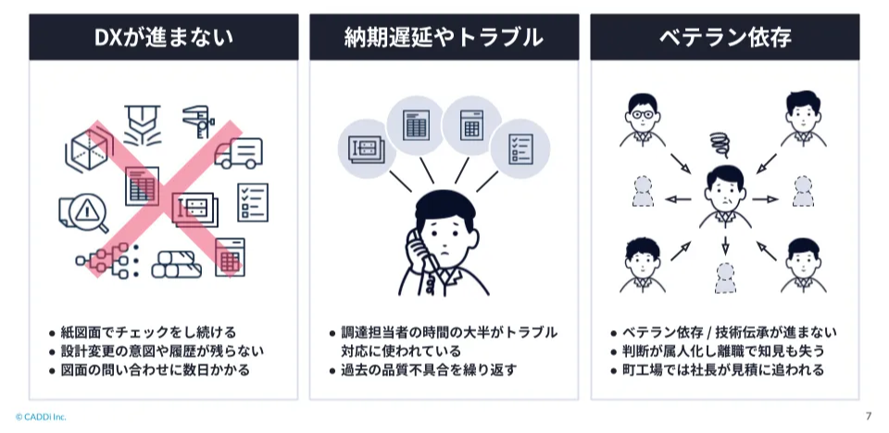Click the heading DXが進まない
click(163, 37)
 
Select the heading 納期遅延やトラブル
click(444, 37)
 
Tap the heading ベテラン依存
click(724, 37)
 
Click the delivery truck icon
click(238, 153)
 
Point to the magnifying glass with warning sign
click(84, 213)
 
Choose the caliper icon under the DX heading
click(198, 121)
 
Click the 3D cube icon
click(87, 149)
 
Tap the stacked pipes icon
click(176, 265)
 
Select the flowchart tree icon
click(107, 261)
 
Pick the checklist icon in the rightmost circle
click(520, 148)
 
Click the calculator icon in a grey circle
click(471, 125)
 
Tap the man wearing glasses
click(642, 121)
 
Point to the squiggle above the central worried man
click(720, 145)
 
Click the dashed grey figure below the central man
click(725, 278)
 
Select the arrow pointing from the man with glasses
click(680, 163)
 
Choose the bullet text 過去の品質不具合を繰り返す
click(429, 371)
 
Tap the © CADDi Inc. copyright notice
click(41, 417)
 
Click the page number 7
click(868, 416)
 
